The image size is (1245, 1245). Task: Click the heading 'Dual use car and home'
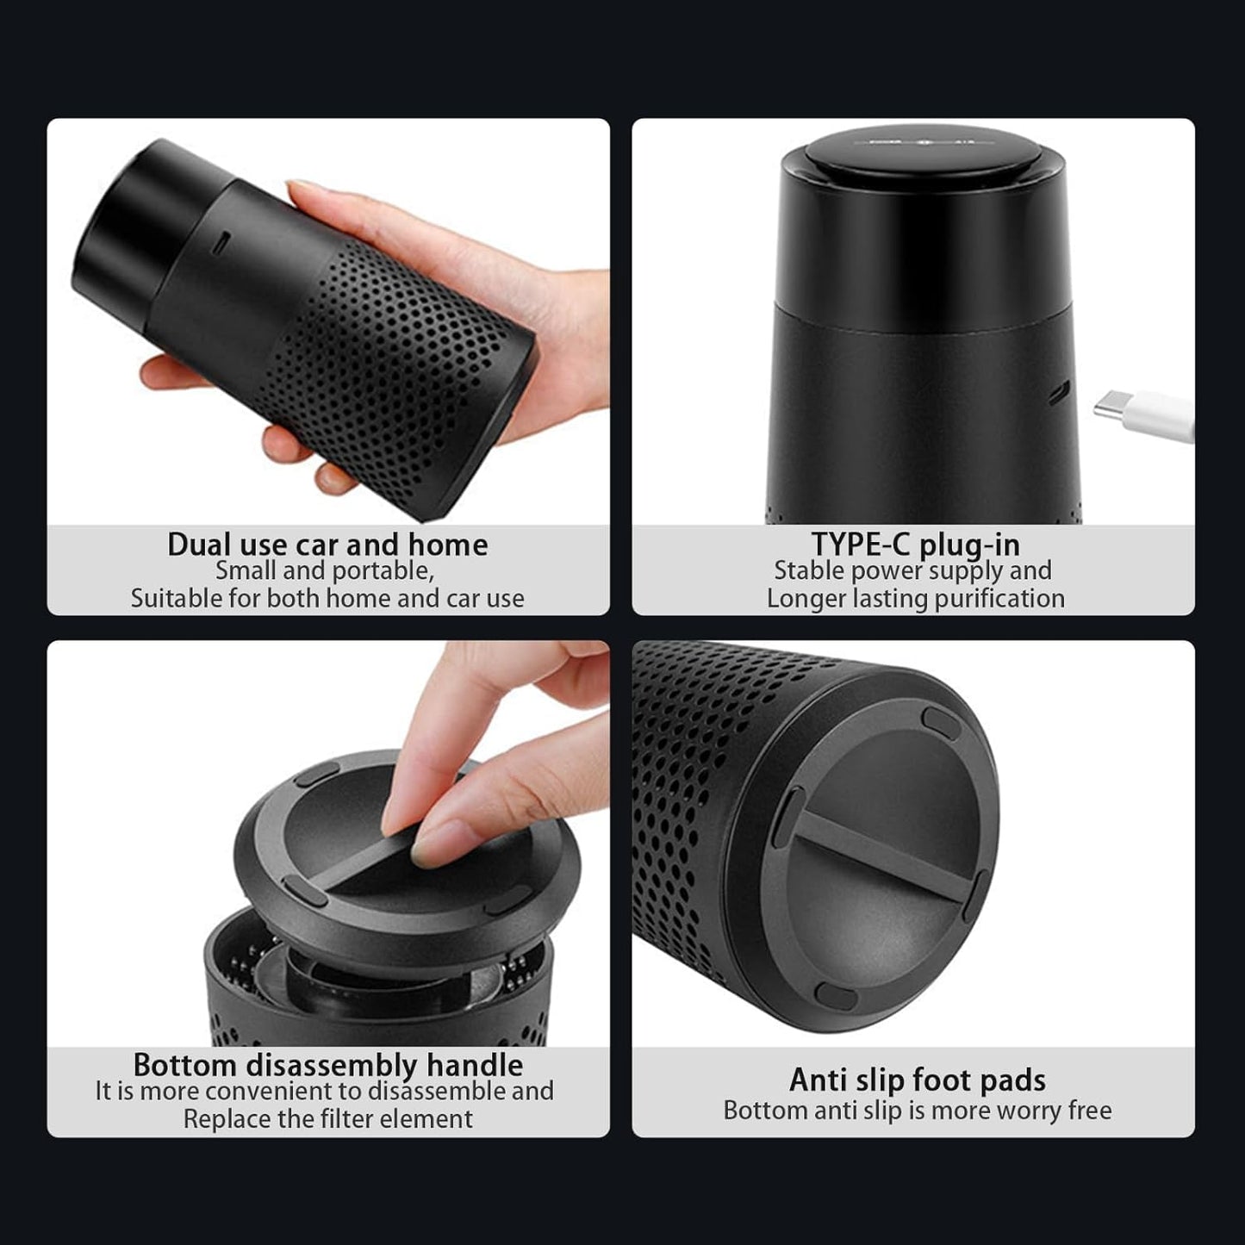pos(327,545)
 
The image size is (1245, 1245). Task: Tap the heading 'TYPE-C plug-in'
pos(916,545)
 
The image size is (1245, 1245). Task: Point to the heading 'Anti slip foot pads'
pos(917,1080)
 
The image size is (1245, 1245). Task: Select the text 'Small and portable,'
pos(324,571)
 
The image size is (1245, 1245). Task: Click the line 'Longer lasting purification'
pos(916,598)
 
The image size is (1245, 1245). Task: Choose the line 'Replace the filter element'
pos(328,1119)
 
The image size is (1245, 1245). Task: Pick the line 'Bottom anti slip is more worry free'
pos(918,1111)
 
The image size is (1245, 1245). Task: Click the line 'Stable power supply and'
pos(913,571)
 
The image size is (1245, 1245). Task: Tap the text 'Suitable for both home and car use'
pos(327,598)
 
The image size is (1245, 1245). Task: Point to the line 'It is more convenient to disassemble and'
pos(324,1092)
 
